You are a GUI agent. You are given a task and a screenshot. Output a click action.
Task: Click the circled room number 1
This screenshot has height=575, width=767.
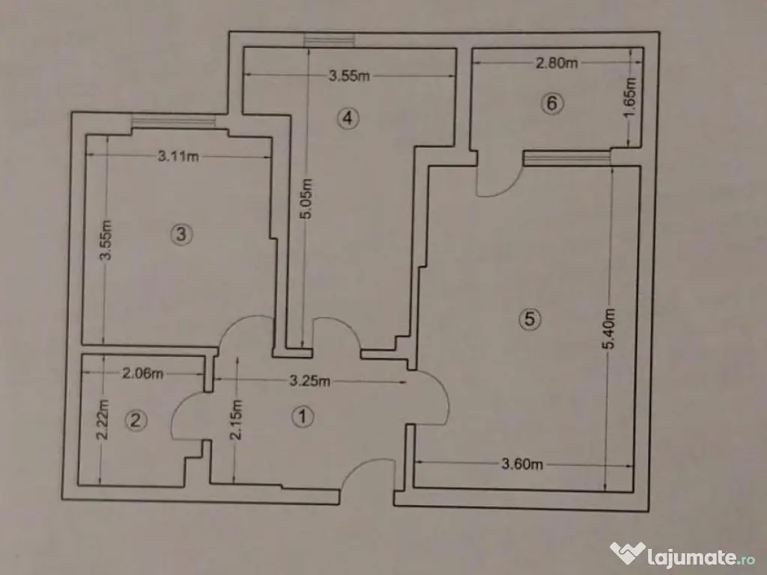tap(302, 417)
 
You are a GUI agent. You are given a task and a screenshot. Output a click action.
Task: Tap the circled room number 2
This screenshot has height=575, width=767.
tap(136, 421)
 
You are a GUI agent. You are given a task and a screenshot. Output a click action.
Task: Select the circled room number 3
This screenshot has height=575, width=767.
tap(181, 235)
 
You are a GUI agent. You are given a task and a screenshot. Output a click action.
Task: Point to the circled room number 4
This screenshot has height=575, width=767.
tap(348, 117)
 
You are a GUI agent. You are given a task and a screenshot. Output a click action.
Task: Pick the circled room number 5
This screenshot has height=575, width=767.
tap(530, 319)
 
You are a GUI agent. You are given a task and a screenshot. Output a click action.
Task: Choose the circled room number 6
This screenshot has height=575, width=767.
tap(552, 103)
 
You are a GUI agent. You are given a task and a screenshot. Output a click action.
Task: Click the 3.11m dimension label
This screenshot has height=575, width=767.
tap(178, 156)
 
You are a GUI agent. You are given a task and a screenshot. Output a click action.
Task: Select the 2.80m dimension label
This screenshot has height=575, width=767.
tap(557, 64)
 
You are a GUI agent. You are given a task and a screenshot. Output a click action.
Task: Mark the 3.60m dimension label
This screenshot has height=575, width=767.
tap(521, 464)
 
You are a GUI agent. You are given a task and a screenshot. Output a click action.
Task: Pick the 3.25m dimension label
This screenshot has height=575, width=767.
tap(309, 381)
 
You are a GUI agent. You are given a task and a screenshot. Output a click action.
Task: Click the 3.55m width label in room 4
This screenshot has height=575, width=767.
tap(351, 75)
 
